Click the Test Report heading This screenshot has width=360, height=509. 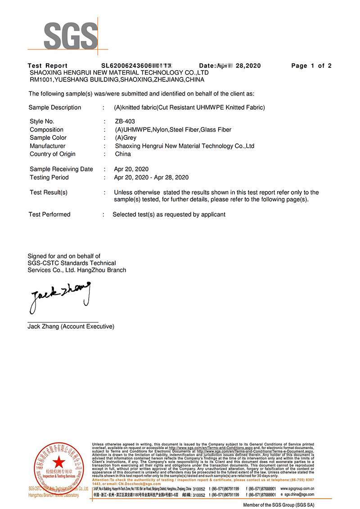tap(47, 66)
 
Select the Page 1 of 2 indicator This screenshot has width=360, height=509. tap(311, 66)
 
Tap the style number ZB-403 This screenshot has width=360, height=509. tap(125, 121)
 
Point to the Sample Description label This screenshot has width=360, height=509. tap(54, 107)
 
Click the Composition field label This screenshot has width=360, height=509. tap(46, 129)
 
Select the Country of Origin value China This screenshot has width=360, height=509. tap(123, 154)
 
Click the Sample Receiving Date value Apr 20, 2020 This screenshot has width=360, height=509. tap(131, 169)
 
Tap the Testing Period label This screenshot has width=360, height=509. tap(49, 177)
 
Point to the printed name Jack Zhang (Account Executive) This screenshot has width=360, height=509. tap(71, 326)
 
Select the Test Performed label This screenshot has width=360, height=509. tap(49, 214)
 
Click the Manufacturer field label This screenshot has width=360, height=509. tap(47, 146)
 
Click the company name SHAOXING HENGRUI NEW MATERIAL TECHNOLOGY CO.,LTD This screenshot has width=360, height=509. tap(119, 72)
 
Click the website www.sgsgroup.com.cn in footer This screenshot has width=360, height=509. tap(297, 488)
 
